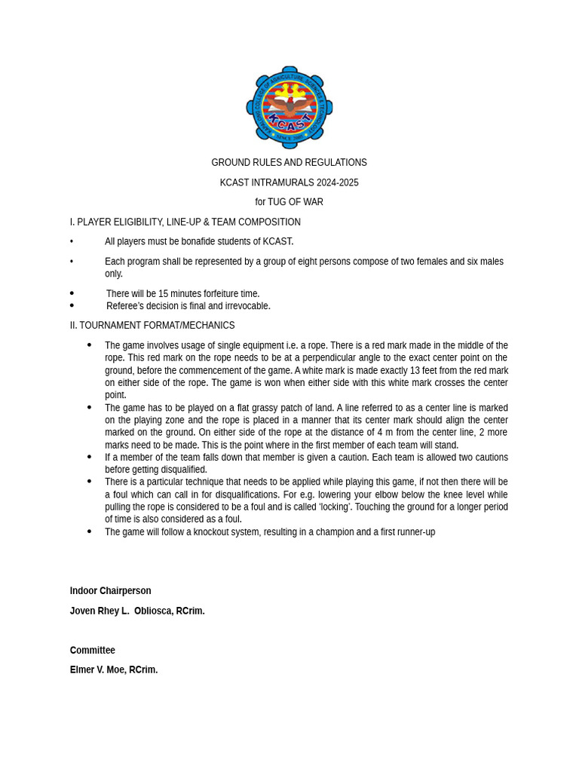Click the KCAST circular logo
[x=289, y=108]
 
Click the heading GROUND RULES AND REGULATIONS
[x=289, y=163]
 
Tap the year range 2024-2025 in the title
[x=332, y=182]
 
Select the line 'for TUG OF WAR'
[x=289, y=202]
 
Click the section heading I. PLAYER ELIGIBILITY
[x=185, y=222]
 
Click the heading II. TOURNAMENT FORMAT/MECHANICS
[x=152, y=326]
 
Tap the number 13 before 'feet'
[x=415, y=370]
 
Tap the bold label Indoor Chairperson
[x=110, y=591]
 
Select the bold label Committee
[x=93, y=650]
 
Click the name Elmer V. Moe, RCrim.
[x=114, y=669]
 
